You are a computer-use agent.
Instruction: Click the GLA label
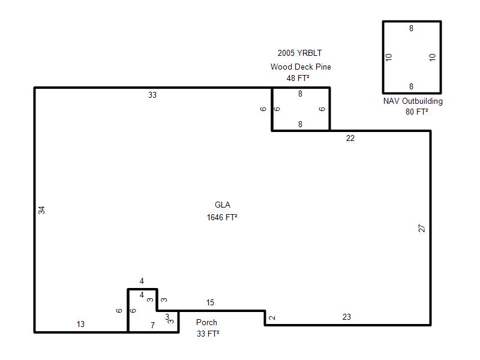pyautogui.click(x=222, y=205)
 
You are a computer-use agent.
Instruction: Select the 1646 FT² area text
pyautogui.click(x=222, y=217)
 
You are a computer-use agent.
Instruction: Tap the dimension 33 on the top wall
pyautogui.click(x=152, y=95)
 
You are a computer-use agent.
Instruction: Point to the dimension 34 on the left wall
pyautogui.click(x=41, y=211)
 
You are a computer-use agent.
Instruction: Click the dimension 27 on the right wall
pyautogui.click(x=422, y=229)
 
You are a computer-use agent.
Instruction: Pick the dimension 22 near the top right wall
pyautogui.click(x=350, y=138)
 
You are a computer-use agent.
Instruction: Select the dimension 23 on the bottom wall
pyautogui.click(x=347, y=317)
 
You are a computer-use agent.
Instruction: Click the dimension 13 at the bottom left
pyautogui.click(x=80, y=324)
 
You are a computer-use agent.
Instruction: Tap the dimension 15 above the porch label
pyautogui.click(x=210, y=303)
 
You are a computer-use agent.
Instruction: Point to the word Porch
pyautogui.click(x=206, y=322)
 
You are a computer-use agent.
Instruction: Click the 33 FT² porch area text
pyautogui.click(x=208, y=334)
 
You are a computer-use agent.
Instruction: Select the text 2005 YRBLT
pyautogui.click(x=299, y=53)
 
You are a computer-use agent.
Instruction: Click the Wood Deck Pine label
pyautogui.click(x=301, y=67)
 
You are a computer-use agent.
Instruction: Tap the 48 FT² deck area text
pyautogui.click(x=298, y=78)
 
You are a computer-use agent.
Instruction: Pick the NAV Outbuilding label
pyautogui.click(x=413, y=101)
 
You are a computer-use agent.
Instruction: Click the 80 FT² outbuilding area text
pyautogui.click(x=416, y=112)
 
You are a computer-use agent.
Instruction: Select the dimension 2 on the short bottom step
pyautogui.click(x=272, y=318)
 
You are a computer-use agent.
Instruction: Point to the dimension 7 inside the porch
pyautogui.click(x=153, y=325)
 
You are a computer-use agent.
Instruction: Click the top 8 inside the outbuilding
pyautogui.click(x=411, y=28)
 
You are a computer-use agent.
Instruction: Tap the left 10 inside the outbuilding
pyautogui.click(x=388, y=57)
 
